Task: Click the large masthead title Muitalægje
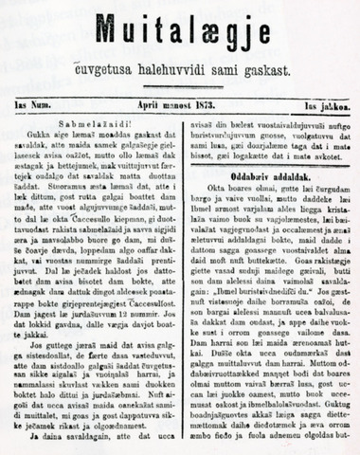pos(180,27)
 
